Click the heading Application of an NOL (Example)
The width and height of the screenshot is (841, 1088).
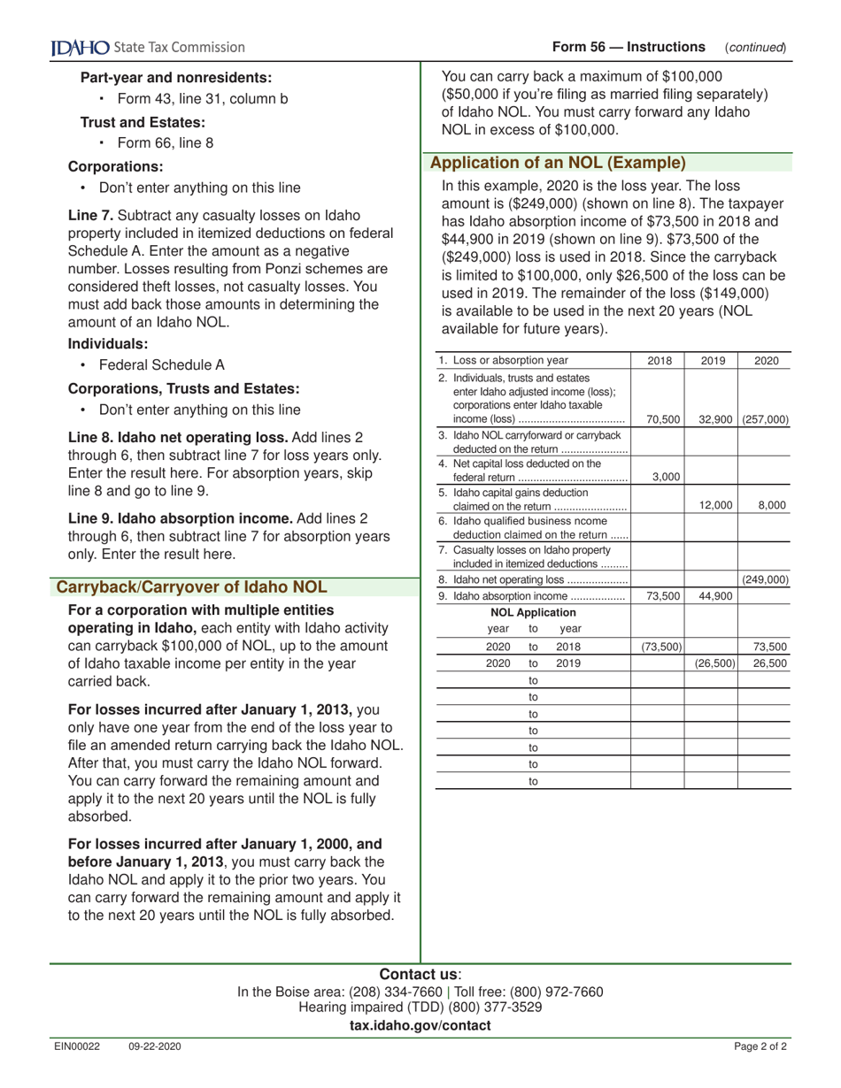pyautogui.click(x=558, y=163)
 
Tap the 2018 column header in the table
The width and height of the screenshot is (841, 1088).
pyautogui.click(x=660, y=361)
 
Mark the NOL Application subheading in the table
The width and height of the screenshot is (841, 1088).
pyautogui.click(x=533, y=612)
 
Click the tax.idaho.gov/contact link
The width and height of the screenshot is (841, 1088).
pyautogui.click(x=420, y=1025)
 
